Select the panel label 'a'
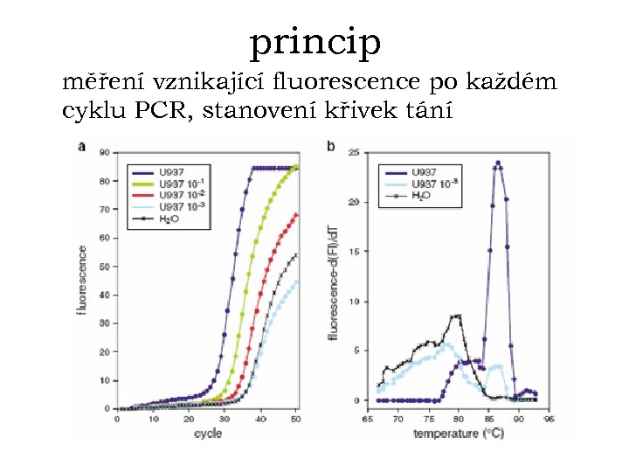[x=82, y=146]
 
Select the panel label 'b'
[x=329, y=146]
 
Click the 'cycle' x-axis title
[x=207, y=433]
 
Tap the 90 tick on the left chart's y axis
[x=105, y=153]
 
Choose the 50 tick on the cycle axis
[x=295, y=420]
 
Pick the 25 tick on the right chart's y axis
[x=355, y=153]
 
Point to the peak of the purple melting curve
[x=498, y=162]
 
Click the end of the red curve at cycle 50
[x=296, y=214]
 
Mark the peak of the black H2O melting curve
[x=458, y=316]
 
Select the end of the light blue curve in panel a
[x=296, y=281]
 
